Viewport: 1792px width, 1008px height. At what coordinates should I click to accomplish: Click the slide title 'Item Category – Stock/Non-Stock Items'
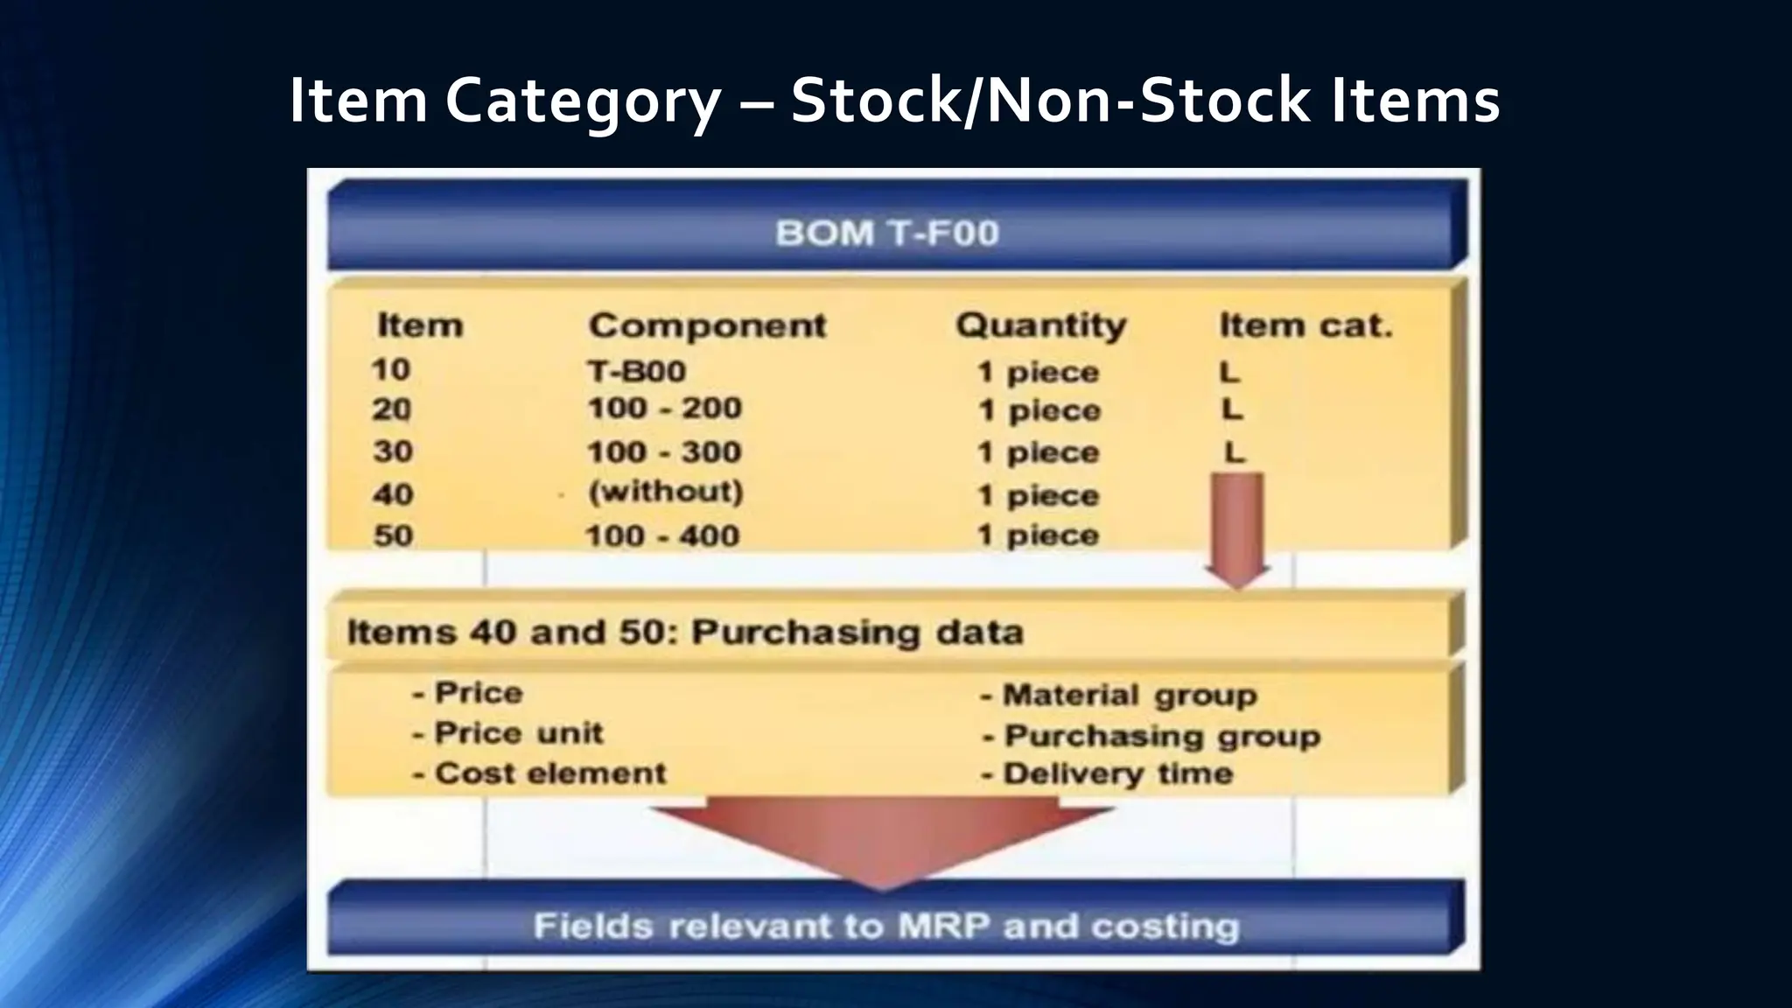coord(894,101)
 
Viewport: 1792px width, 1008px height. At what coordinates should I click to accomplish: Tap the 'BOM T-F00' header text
coord(887,234)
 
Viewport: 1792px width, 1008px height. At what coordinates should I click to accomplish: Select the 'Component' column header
coord(707,325)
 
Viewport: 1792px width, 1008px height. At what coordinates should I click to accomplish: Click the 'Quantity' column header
coord(1040,325)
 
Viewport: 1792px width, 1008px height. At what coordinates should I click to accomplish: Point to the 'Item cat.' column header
coord(1305,325)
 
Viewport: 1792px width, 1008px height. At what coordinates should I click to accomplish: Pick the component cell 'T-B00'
coord(637,371)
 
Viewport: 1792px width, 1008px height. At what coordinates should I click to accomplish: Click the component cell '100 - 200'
coord(664,409)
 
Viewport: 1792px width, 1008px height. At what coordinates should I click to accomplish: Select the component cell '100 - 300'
coord(664,452)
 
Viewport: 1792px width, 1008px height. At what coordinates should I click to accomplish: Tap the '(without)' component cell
coord(666,492)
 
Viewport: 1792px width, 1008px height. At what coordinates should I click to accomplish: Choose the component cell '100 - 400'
coord(662,535)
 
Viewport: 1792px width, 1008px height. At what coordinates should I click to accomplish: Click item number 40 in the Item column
coord(392,494)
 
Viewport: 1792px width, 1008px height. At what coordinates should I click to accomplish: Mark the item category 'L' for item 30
coord(1234,452)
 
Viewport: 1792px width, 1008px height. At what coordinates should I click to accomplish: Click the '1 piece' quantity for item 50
coord(1039,535)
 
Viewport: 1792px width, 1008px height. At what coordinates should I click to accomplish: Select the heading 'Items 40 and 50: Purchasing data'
coord(685,632)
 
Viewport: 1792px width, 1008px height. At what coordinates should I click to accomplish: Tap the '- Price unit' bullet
coord(508,733)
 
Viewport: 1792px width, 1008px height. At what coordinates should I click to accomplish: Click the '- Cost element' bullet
coord(540,773)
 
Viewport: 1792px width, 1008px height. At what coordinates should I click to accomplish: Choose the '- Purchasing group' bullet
coord(1151,736)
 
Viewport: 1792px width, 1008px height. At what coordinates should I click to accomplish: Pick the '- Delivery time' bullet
coord(1107,773)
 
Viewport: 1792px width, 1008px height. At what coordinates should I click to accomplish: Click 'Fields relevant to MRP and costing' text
coord(886,927)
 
